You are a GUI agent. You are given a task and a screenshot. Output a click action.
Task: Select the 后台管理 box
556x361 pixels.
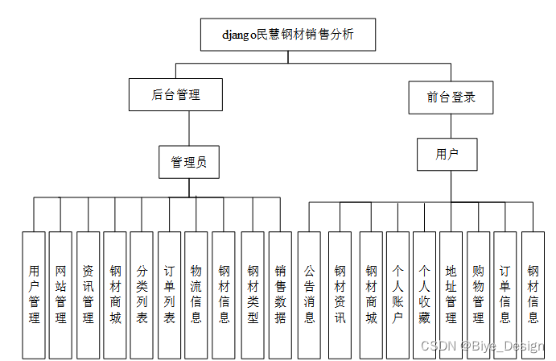click(x=175, y=95)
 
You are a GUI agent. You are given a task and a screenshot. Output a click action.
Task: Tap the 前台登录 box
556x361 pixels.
click(x=451, y=98)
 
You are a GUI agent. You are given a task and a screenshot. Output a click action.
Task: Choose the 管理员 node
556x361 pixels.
click(x=189, y=162)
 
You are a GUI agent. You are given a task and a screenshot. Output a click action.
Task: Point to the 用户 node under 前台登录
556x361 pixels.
click(x=447, y=155)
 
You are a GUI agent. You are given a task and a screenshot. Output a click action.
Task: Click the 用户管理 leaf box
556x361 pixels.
click(x=34, y=294)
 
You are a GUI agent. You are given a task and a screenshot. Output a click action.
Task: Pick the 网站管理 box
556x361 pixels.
click(x=61, y=294)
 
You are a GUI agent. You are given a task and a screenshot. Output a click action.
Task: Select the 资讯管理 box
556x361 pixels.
click(x=89, y=294)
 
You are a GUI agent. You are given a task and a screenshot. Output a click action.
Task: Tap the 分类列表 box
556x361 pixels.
click(x=142, y=294)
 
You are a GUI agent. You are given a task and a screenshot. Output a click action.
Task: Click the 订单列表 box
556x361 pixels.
click(x=169, y=294)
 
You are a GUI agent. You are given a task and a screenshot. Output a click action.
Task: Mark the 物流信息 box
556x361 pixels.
click(x=196, y=294)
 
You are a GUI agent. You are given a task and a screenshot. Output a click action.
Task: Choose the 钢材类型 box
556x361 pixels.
click(x=253, y=294)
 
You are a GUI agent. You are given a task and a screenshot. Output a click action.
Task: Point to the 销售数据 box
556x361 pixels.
click(x=280, y=294)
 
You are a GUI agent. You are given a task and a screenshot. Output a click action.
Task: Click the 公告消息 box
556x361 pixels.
click(x=309, y=294)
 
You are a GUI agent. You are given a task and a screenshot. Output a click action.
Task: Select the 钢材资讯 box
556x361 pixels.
click(x=340, y=294)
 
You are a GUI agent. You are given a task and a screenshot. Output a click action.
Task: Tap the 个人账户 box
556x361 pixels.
click(x=397, y=294)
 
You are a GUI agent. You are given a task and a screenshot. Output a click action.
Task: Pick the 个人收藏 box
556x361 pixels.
click(x=424, y=294)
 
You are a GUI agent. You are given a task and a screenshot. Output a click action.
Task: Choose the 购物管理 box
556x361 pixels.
click(x=478, y=294)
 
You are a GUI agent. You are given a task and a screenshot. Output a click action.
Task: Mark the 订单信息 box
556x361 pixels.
click(x=505, y=294)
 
